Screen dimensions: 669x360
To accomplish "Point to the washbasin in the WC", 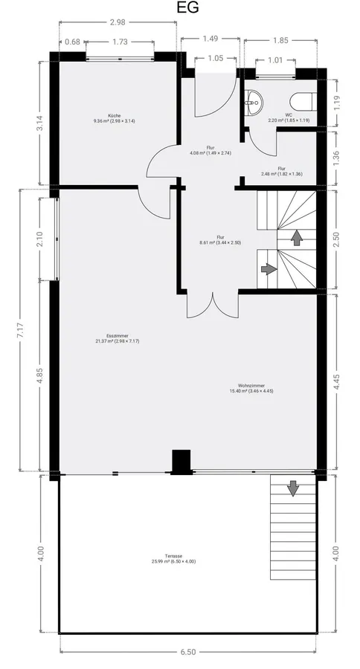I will pyautogui.click(x=253, y=101).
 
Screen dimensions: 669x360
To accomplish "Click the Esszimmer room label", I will pyautogui.click(x=117, y=337).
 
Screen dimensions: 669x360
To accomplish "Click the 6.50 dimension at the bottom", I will pyautogui.click(x=187, y=652).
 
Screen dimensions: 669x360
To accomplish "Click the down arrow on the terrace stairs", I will pyautogui.click(x=292, y=488).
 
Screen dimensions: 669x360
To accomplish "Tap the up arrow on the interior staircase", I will pyautogui.click(x=297, y=237).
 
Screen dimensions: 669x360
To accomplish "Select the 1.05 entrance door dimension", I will pyautogui.click(x=215, y=58).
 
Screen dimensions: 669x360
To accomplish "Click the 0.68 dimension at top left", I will pyautogui.click(x=72, y=42).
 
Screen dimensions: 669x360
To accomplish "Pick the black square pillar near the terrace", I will pyautogui.click(x=180, y=461).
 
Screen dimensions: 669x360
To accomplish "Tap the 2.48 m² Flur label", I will pyautogui.click(x=281, y=171).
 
